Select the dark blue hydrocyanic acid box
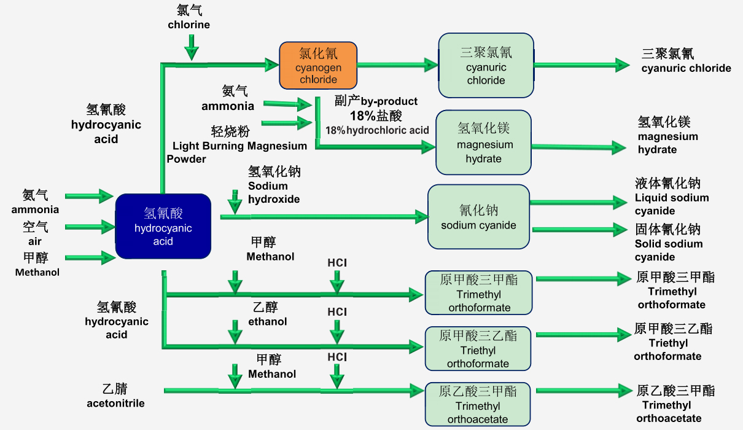pos(163,228)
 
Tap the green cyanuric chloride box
pos(486,66)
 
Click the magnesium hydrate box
pos(483,143)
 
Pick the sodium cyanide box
pos(478,217)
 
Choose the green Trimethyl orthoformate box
pos(478,293)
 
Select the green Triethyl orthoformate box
pos(478,349)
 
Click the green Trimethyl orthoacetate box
pos(478,405)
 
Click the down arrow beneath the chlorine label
pos(192,47)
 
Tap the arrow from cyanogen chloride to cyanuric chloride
pos(397,64)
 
